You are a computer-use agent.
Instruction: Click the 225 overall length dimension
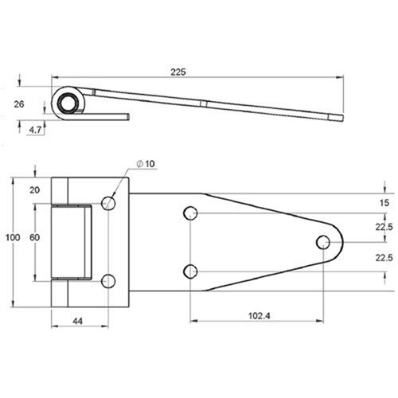point(178,72)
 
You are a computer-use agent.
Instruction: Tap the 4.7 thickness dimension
point(37,130)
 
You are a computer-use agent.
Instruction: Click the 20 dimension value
point(34,189)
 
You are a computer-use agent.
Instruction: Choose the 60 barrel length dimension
point(34,238)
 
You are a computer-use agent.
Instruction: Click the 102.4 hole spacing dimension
point(256,317)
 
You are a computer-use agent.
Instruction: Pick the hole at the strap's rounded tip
point(323,242)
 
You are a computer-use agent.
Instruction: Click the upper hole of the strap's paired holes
point(190,213)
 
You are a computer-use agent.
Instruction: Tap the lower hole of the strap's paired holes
point(190,271)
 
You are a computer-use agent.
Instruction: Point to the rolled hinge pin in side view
point(67,102)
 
